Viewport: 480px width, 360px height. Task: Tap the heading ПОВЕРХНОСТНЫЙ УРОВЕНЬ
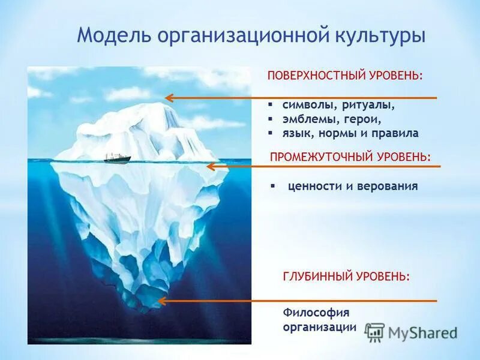point(345,77)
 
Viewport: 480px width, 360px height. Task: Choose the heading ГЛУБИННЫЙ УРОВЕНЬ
point(346,277)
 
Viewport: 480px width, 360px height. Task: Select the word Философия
point(316,312)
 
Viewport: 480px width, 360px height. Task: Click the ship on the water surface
point(117,158)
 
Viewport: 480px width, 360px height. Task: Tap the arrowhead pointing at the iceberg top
point(170,97)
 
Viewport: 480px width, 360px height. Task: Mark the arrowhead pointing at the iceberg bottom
point(161,301)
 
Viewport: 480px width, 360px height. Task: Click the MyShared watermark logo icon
point(375,332)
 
